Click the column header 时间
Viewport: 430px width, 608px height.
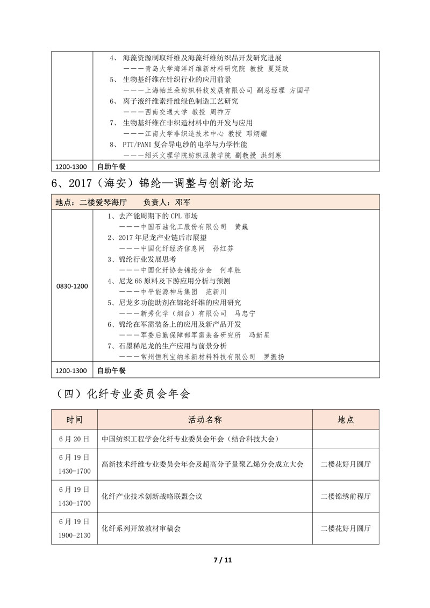pos(75,419)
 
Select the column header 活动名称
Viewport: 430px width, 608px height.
pos(205,419)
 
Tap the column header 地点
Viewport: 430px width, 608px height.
pos(346,419)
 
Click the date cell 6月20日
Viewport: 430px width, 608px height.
pos(75,439)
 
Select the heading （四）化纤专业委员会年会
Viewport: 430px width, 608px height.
pos(123,394)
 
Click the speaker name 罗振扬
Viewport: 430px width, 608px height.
pos(273,356)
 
